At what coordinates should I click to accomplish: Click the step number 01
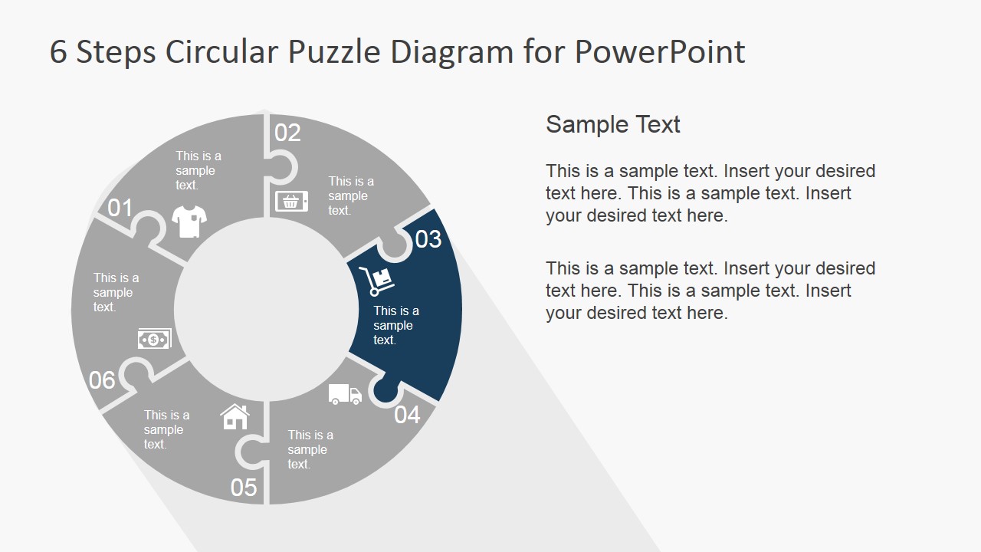coord(120,208)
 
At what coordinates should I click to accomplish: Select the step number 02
coord(287,133)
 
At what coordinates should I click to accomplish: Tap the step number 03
coord(428,239)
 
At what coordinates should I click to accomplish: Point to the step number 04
coord(408,415)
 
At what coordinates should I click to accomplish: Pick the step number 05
coord(244,488)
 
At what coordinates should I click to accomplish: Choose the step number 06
coord(103,379)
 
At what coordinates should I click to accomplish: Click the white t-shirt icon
coord(189,222)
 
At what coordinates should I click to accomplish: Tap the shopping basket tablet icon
coord(291,202)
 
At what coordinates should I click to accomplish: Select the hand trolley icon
coord(376,281)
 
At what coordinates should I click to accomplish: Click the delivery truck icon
coord(345,394)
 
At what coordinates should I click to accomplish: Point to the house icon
coord(235,416)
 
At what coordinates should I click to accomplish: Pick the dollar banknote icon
coord(154,339)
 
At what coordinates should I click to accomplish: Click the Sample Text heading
coord(612,124)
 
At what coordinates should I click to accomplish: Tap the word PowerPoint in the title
coord(659,52)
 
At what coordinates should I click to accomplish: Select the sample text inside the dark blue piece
coord(395,325)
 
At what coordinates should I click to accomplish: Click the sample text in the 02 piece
coord(351,195)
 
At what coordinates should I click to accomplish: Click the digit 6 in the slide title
coord(58,52)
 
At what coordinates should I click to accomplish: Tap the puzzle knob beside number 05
coord(247,452)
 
